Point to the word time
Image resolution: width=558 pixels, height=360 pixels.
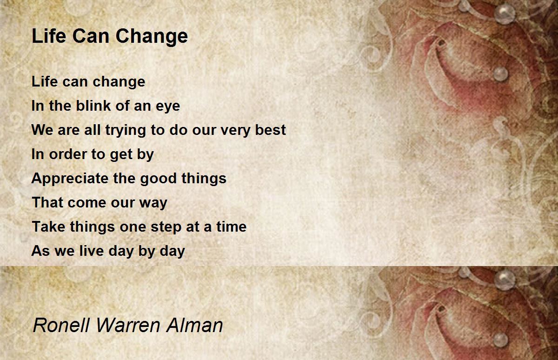[x=231, y=227]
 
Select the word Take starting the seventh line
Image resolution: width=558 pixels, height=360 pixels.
[x=48, y=227]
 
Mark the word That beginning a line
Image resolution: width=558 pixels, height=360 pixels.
[x=47, y=203]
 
